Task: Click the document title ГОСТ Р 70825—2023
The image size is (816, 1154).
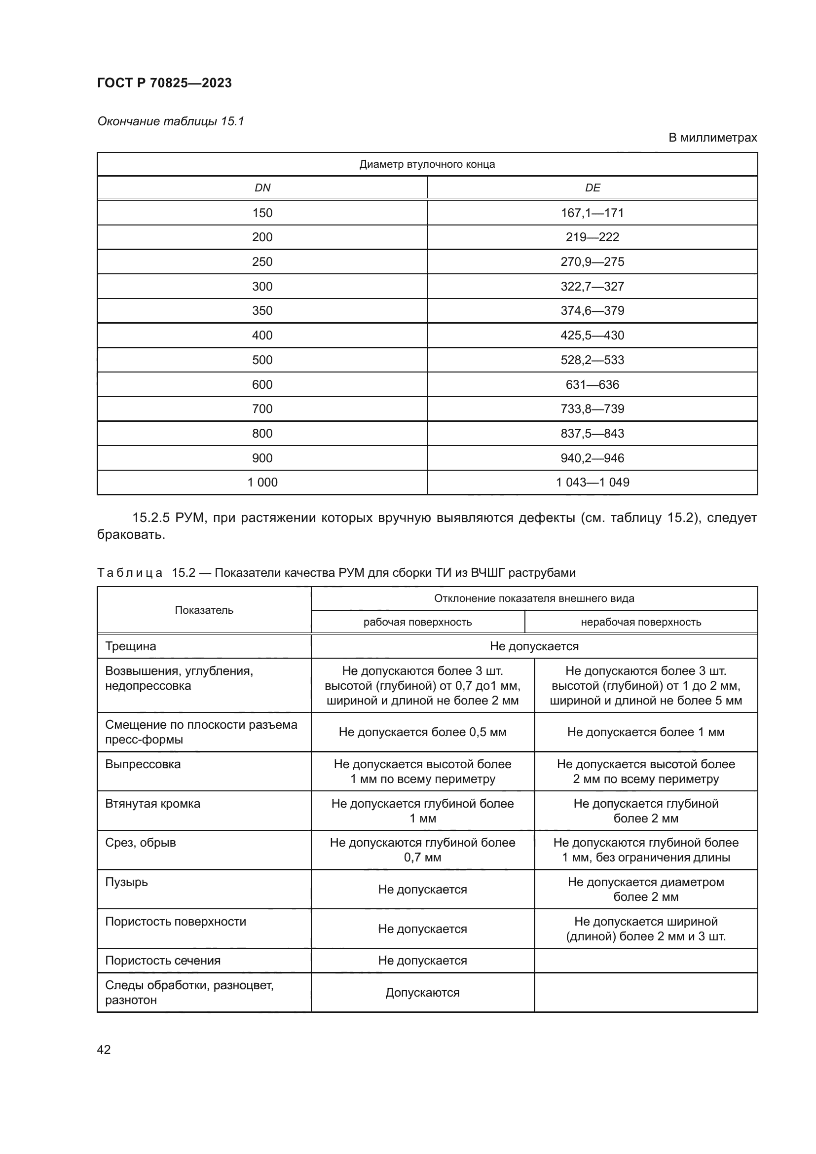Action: point(164,83)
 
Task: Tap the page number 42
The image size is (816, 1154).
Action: point(104,1049)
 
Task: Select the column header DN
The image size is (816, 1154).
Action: point(262,188)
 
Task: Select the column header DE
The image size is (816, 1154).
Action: point(593,188)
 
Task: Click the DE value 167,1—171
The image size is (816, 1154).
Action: point(593,213)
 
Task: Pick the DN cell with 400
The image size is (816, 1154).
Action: point(262,335)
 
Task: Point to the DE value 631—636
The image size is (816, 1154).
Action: point(593,384)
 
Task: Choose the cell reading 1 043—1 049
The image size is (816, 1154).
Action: point(593,483)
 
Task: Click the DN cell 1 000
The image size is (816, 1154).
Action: point(262,483)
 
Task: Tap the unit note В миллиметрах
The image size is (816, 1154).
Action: point(712,138)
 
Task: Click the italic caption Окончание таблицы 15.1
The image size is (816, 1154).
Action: point(170,121)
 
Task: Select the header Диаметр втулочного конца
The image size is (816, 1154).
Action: point(427,164)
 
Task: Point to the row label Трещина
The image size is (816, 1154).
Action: point(131,646)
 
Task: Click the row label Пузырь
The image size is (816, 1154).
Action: point(127,882)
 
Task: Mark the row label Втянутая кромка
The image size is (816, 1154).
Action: point(153,804)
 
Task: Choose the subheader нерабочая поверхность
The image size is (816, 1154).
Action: point(641,622)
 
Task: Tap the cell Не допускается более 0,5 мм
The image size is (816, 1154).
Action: point(423,732)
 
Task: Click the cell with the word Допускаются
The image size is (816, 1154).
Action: point(423,993)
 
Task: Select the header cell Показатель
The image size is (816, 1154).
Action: point(204,610)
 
